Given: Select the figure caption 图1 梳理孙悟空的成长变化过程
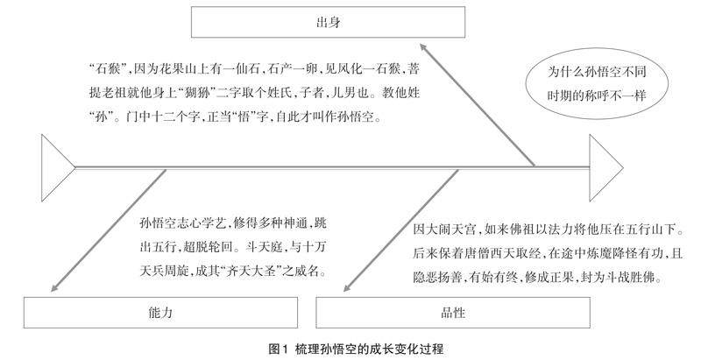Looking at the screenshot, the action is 350,349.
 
